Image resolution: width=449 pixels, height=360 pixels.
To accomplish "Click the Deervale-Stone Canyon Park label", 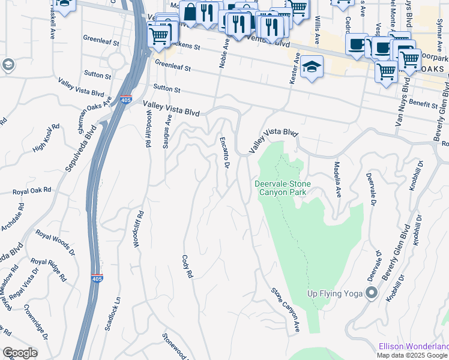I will (280, 188).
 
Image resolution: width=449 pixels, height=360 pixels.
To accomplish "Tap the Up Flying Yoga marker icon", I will (372, 293).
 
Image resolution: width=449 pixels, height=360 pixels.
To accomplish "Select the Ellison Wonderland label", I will (413, 346).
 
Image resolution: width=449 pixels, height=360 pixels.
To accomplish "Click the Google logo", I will (20, 353).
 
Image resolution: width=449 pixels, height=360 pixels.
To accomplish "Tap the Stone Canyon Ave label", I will (286, 310).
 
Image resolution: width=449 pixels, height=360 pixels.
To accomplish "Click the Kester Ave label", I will (294, 67).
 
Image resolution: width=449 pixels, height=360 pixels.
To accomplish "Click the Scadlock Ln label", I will (113, 313).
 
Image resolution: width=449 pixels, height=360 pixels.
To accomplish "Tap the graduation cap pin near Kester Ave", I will (312, 67).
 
